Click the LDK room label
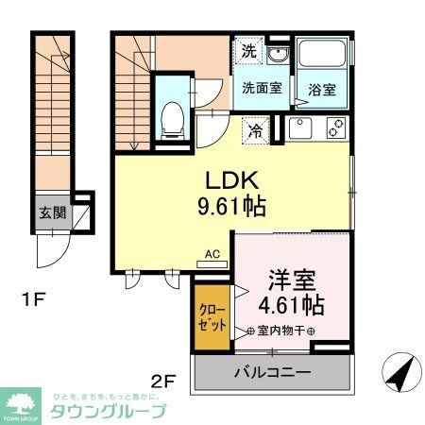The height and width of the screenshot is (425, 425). coord(229,180)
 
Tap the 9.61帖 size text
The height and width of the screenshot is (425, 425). coord(230,205)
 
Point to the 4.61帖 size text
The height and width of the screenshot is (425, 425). coord(291,306)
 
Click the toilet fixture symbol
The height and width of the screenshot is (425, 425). coord(173,115)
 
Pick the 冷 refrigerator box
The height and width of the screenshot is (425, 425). coord(256,130)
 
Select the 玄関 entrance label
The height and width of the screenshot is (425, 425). coord(53,212)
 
